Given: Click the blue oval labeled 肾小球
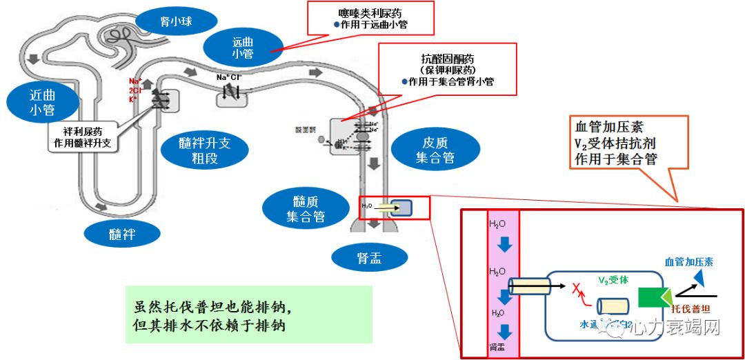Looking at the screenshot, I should pyautogui.click(x=171, y=22).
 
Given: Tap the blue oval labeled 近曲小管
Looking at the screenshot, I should pyautogui.click(x=42, y=102).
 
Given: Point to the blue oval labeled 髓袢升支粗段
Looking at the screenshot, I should pyautogui.click(x=203, y=150).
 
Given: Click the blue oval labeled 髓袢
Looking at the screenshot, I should pyautogui.click(x=122, y=234).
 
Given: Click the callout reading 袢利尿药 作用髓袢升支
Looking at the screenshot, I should pyautogui.click(x=82, y=137).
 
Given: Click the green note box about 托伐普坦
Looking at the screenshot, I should pyautogui.click(x=248, y=315).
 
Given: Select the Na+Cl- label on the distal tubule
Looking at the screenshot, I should pyautogui.click(x=228, y=77).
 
